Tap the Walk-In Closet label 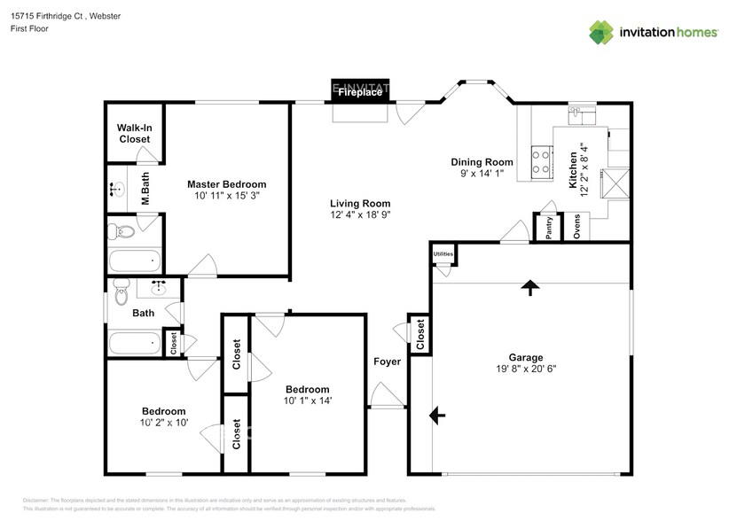134,133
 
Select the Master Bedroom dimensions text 226,195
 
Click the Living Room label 360,204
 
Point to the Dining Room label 482,162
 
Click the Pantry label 549,228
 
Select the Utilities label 443,254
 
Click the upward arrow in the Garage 530,287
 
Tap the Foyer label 387,362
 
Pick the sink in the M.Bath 117,188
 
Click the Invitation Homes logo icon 602,33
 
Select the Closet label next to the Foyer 420,334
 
